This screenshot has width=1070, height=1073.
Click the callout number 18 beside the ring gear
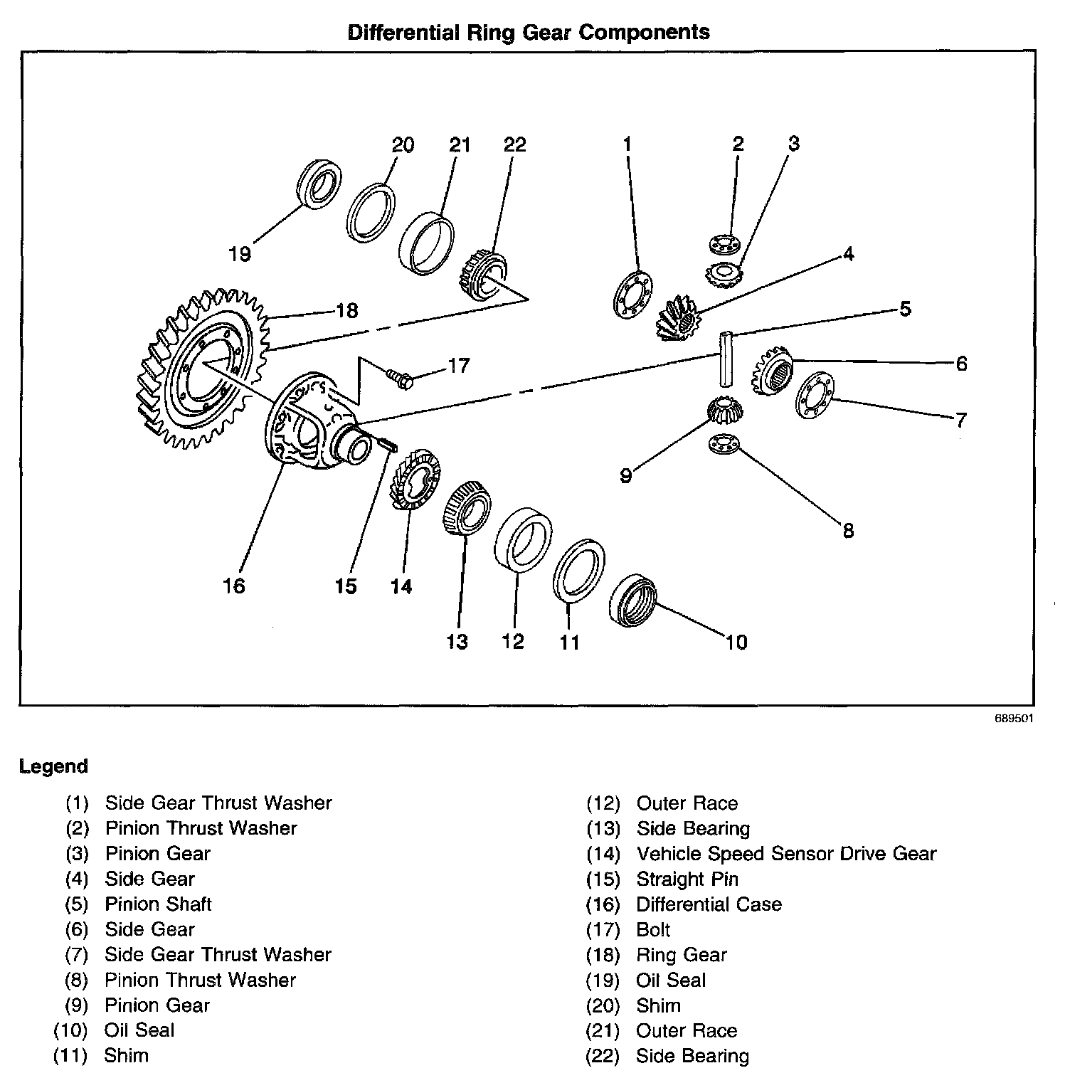pos(347,311)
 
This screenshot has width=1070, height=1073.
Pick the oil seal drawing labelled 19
pos(318,185)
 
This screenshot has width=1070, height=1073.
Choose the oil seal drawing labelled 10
pos(633,599)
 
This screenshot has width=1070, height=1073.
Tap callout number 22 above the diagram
pos(514,144)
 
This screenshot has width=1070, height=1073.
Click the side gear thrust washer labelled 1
pos(632,294)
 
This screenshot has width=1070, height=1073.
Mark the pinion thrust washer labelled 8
pos(725,445)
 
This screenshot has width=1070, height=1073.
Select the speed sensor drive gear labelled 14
pos(415,480)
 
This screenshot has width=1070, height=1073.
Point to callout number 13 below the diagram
pos(457,642)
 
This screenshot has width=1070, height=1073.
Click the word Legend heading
pos(54,766)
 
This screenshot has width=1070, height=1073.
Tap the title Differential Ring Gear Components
pos(529,33)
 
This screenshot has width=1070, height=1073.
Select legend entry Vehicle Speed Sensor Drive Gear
pos(786,853)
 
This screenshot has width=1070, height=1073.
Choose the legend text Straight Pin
pos(687,879)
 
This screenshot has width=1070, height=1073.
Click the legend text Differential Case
pos(709,904)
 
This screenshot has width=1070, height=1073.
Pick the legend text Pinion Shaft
pos(158,904)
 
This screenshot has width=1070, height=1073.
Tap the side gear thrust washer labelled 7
pos(815,396)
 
